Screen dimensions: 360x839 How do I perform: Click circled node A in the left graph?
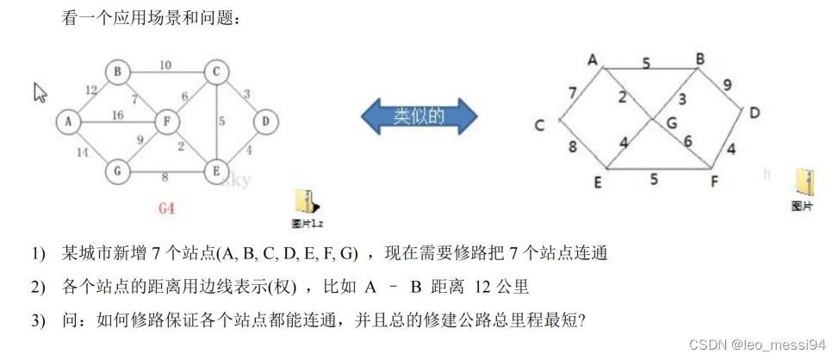(67, 121)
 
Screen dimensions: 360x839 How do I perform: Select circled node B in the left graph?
(117, 71)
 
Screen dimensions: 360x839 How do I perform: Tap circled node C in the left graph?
(215, 71)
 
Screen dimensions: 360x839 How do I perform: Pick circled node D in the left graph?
(265, 121)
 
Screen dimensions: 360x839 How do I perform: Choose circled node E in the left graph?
(215, 171)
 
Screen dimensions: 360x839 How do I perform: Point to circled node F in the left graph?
(166, 121)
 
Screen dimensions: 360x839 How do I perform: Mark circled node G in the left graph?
(117, 171)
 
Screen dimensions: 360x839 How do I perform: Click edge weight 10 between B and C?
(165, 65)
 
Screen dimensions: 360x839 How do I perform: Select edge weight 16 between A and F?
(118, 115)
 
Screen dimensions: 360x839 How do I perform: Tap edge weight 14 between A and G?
(83, 152)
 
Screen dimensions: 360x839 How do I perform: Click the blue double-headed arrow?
(418, 115)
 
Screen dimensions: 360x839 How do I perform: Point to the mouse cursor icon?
(40, 92)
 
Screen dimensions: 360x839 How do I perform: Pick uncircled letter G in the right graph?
(671, 123)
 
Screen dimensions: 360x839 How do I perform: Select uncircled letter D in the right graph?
(754, 113)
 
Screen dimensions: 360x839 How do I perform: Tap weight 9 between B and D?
(728, 84)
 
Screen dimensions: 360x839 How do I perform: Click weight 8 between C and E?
(572, 147)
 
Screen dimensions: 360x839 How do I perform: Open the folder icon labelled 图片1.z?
(307, 202)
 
